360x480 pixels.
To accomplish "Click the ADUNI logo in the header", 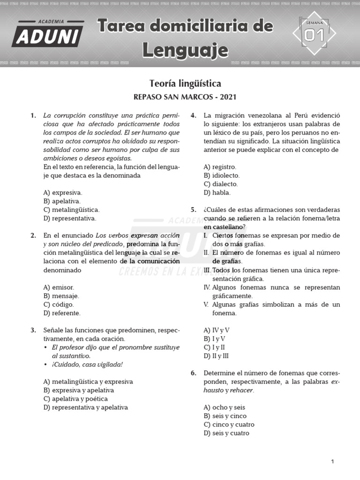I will click(48, 33).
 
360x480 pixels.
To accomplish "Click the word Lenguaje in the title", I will click(185, 50).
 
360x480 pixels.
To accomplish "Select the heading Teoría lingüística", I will click(185, 83).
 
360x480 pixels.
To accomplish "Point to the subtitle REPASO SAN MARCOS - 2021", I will click(185, 97).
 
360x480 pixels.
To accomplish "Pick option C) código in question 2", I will click(59, 304).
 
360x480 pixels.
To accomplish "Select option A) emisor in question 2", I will click(59, 287).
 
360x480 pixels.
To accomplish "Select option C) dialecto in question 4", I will click(220, 184).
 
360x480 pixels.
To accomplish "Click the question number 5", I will click(193, 210).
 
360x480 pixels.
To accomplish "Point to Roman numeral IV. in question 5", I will click(207, 287).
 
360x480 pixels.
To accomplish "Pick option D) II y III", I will click(217, 356).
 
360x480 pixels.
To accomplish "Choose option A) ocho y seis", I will click(224, 407).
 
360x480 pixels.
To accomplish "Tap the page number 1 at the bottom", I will click(332, 462).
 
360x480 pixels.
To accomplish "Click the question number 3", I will click(33, 330).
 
